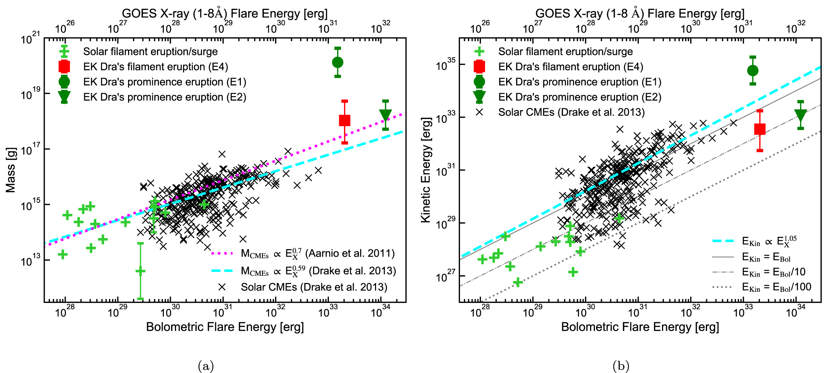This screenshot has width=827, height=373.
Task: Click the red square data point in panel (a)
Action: (345, 121)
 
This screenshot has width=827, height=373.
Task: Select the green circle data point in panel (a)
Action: (338, 62)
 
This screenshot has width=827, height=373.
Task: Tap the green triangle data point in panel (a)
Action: (385, 115)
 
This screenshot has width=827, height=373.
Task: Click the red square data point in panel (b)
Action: (760, 129)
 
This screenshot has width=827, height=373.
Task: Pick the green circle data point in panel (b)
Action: (753, 71)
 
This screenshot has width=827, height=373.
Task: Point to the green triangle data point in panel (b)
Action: (800, 115)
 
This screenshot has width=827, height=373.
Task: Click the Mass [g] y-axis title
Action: (10, 170)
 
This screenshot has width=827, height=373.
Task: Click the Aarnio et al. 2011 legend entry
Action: (317, 254)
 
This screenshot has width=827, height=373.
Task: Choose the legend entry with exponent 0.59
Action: (318, 271)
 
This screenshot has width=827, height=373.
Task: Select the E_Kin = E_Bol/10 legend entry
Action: (773, 272)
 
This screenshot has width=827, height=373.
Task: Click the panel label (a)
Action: (206, 366)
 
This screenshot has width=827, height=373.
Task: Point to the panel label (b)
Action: (621, 366)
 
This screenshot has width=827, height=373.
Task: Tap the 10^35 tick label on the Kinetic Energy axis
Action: (446, 65)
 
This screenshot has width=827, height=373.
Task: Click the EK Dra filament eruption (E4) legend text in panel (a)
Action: (155, 67)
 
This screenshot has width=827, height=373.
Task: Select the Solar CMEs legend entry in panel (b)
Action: (571, 112)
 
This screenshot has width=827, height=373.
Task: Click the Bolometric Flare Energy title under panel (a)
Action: (225, 327)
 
